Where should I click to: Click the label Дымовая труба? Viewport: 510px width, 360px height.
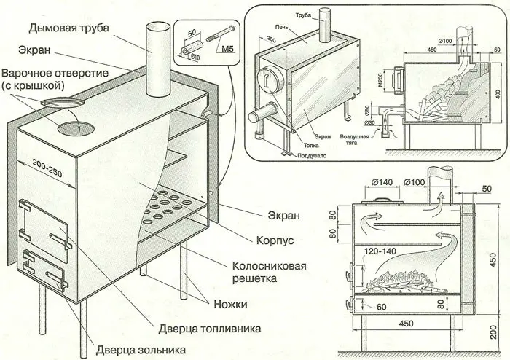(x=70, y=28)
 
